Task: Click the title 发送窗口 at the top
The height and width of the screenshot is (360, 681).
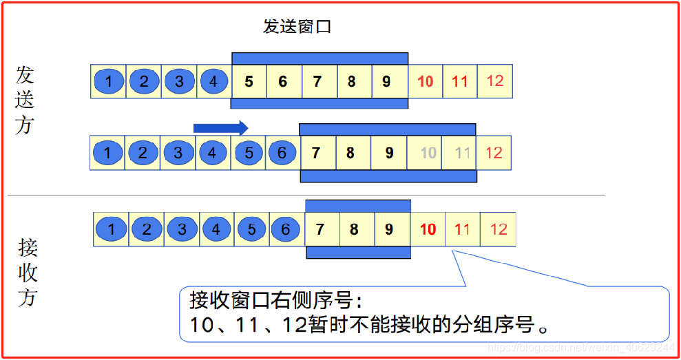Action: click(x=297, y=28)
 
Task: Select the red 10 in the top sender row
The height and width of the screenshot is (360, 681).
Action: click(x=426, y=82)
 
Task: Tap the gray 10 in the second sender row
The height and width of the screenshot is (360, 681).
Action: click(x=429, y=153)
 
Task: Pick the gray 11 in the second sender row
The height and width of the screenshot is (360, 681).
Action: click(x=463, y=153)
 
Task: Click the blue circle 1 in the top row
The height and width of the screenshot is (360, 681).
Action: click(x=108, y=82)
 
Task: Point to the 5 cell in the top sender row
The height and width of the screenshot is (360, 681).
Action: click(x=249, y=82)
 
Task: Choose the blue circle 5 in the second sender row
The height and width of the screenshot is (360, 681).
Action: click(x=249, y=153)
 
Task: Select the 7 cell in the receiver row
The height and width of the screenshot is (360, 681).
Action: click(x=320, y=229)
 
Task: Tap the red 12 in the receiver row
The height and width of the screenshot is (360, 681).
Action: click(x=498, y=229)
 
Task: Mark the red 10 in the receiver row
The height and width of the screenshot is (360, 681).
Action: click(x=428, y=229)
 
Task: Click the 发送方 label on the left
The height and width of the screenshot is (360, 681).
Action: click(x=25, y=100)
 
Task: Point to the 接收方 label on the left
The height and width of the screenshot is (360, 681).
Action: click(x=28, y=272)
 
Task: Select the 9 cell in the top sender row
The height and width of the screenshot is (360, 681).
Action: click(x=386, y=82)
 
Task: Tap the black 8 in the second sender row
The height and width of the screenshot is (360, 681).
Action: click(x=350, y=153)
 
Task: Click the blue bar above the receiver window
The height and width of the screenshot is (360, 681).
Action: click(x=358, y=205)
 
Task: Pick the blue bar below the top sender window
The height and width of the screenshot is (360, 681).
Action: click(x=319, y=104)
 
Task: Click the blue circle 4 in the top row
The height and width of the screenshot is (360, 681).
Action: click(x=213, y=82)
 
